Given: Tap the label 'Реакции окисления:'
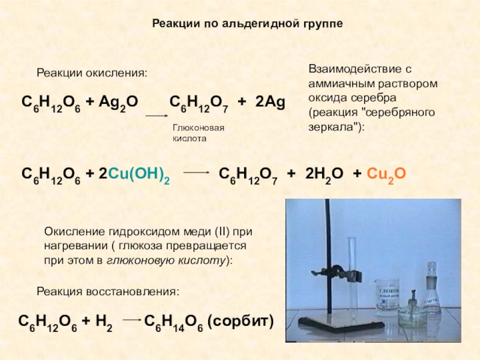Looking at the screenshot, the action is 92,73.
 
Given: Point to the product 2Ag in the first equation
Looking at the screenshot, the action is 269,102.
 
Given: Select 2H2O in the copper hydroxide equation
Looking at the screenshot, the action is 324,175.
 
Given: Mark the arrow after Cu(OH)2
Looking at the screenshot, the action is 195,172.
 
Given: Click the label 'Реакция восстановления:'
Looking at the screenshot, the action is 108,291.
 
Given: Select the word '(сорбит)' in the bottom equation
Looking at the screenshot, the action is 240,322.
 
